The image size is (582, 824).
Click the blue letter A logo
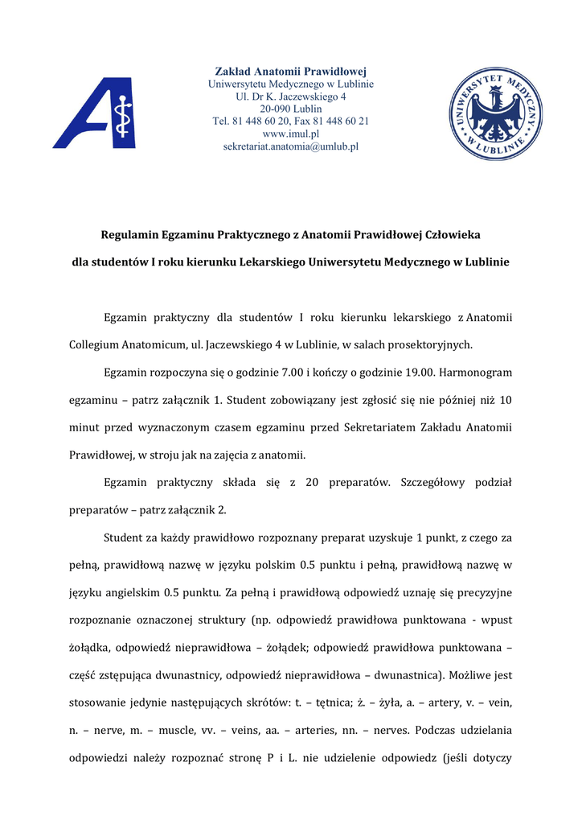pyautogui.click(x=94, y=113)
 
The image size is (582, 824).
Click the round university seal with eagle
pyautogui.click(x=494, y=113)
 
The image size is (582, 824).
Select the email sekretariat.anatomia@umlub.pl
pyautogui.click(x=290, y=147)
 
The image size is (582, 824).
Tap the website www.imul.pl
pyautogui.click(x=291, y=134)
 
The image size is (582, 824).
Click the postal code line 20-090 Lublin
pyautogui.click(x=291, y=109)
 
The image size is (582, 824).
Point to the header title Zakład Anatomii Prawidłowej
pyautogui.click(x=291, y=71)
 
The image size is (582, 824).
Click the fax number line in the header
pyautogui.click(x=291, y=122)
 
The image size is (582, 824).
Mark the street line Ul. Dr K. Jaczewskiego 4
pyautogui.click(x=291, y=96)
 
